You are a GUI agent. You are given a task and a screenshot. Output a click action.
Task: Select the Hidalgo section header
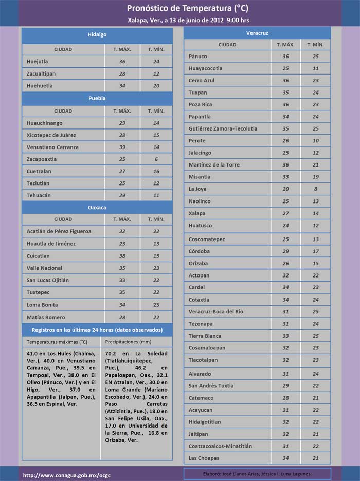97,34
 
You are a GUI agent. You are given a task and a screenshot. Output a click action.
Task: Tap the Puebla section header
97,98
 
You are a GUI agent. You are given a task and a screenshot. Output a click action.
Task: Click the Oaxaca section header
97,207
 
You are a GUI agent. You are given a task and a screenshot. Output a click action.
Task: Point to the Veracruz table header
257,33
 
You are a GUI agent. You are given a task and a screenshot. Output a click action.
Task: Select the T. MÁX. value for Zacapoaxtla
122,159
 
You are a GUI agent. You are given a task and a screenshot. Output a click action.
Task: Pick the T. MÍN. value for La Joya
315,189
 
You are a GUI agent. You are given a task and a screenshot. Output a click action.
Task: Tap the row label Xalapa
197,213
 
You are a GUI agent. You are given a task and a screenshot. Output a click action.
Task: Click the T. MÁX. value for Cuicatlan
122,256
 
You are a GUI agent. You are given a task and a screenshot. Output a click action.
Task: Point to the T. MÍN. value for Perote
315,141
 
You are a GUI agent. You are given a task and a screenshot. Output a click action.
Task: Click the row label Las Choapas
204,458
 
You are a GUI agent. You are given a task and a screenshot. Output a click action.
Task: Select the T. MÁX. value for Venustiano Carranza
122,147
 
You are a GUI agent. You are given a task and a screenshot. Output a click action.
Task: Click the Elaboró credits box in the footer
257,474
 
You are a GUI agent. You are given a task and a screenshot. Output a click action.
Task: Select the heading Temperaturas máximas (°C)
57,342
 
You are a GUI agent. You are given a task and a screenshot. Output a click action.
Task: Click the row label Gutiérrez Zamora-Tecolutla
223,128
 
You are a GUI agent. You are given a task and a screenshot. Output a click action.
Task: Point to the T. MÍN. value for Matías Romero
156,317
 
